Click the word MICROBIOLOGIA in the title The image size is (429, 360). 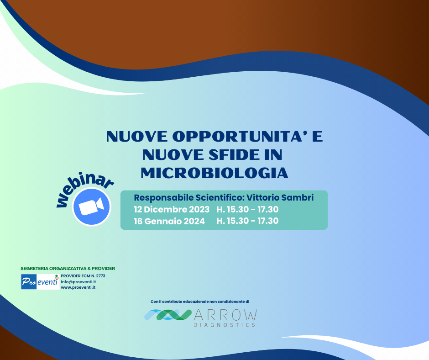pos(214,173)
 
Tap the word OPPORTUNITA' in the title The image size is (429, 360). pos(240,137)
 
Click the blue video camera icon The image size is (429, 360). pos(91,207)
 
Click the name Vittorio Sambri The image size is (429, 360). pos(280,197)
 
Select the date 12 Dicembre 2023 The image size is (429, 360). pos(172,209)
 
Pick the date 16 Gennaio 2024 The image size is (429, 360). pos(169,221)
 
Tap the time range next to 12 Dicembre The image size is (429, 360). pos(247,209)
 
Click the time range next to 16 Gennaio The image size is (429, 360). pos(247,221)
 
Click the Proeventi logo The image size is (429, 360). pos(40,281)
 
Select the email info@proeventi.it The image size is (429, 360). pos(78,281)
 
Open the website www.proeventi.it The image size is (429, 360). pos(78,287)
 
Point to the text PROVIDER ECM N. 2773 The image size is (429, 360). pos(83,276)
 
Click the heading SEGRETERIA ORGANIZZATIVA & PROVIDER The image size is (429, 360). pos(68,269)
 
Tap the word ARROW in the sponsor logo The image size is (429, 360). pos(225,315)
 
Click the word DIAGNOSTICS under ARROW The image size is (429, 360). pos(225,325)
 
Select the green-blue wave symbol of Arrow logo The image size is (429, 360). pos(168,315)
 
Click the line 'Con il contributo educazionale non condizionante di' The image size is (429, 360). pos(200,302)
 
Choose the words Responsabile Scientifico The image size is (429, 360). pos(189,197)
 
